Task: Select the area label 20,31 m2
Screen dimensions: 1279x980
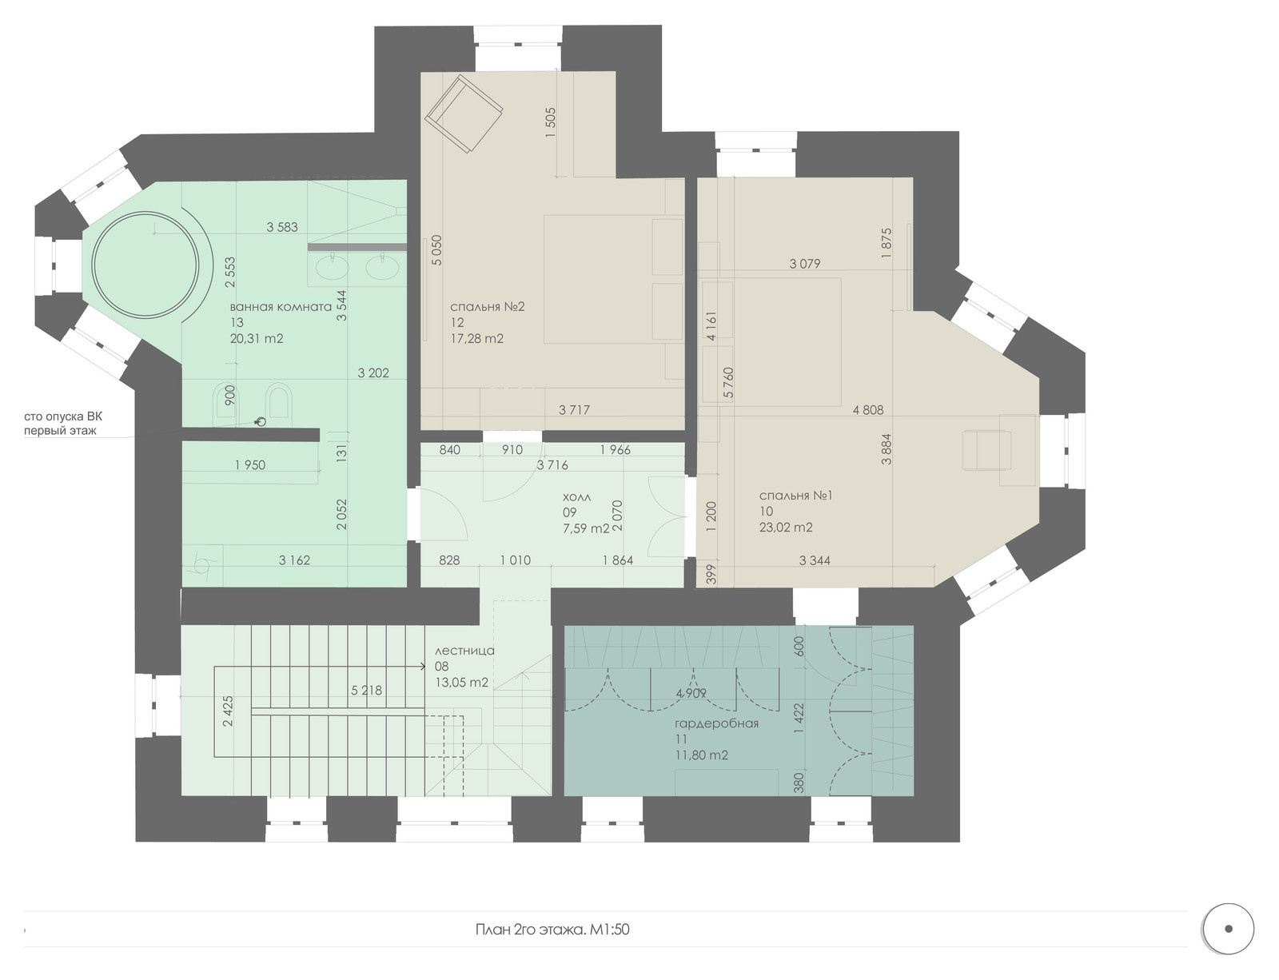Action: [x=257, y=338]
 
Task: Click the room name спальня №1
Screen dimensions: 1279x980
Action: [x=795, y=496]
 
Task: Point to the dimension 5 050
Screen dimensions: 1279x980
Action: [x=436, y=250]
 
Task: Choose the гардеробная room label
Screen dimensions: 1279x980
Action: [x=716, y=723]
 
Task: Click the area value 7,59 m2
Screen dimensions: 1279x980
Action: [x=586, y=528]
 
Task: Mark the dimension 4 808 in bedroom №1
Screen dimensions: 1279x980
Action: [x=868, y=409]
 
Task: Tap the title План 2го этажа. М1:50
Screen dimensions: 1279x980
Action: [x=552, y=930]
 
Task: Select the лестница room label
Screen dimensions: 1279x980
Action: [x=464, y=651]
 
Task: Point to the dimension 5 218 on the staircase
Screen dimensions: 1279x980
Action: [x=366, y=690]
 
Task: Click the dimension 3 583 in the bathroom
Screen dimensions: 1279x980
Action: [x=282, y=226]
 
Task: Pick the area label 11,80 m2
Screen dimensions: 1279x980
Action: [x=702, y=755]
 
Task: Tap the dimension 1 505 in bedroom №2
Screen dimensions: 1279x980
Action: [x=551, y=122]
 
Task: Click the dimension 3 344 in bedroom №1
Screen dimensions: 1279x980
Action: [x=815, y=560]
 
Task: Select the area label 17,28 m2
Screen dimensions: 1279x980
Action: [x=476, y=338]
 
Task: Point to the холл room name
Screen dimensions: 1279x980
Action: [x=577, y=496]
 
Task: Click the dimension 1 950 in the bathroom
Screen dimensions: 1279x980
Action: [x=250, y=465]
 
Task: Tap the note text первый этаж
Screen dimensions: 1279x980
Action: [x=60, y=431]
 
